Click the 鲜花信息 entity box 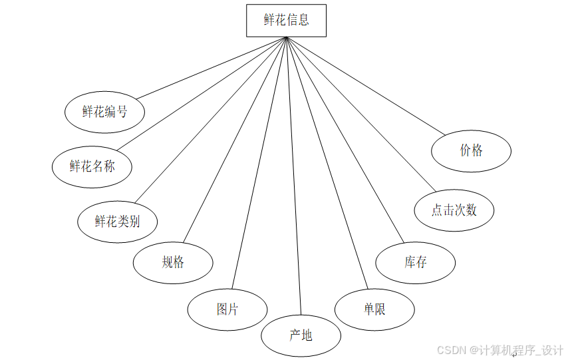click(x=286, y=20)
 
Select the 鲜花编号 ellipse click(x=104, y=112)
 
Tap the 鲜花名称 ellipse click(x=92, y=166)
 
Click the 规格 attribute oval click(x=173, y=262)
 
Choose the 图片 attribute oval click(x=227, y=309)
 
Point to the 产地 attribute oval click(x=301, y=335)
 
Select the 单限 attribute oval click(x=374, y=309)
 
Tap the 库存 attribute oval click(x=415, y=262)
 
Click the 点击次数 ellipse click(x=454, y=210)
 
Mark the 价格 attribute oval click(x=471, y=150)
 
